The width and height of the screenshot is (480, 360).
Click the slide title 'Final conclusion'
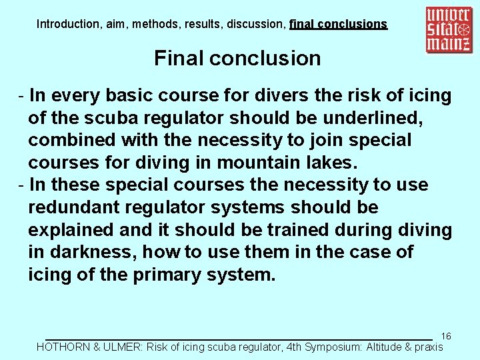point(237,59)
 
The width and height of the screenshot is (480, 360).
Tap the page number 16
point(446,336)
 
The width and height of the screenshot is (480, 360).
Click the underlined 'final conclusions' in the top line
point(338,24)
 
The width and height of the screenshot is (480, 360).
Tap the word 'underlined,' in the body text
point(368,119)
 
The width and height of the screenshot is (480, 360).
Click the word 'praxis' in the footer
point(429,347)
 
